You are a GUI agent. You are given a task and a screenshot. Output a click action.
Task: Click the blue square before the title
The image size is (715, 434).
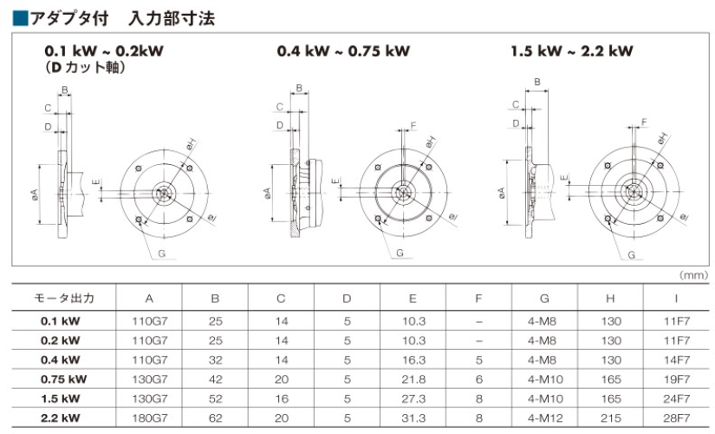click(x=20, y=18)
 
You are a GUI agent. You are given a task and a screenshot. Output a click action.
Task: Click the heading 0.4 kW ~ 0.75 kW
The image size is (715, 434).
click(x=343, y=50)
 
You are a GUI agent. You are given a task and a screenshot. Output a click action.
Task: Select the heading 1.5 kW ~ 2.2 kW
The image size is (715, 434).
click(x=572, y=50)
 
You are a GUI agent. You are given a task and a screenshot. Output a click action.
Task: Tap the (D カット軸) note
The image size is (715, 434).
click(x=85, y=68)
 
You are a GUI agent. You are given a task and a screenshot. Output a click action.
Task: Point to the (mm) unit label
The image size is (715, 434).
click(x=694, y=275)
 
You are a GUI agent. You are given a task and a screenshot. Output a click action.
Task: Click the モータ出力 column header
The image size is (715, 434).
click(x=64, y=299)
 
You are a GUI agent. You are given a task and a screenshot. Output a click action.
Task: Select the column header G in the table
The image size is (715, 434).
click(x=544, y=299)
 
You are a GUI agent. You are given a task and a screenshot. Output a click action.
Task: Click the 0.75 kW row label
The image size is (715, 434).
click(x=63, y=379)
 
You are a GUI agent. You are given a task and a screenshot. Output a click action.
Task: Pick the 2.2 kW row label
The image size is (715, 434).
click(x=60, y=418)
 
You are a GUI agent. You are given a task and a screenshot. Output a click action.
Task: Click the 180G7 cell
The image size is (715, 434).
click(x=150, y=418)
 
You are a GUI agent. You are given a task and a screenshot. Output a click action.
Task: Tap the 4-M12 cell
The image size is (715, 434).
click(x=545, y=418)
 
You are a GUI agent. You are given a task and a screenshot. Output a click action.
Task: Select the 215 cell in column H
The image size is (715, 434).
click(x=611, y=418)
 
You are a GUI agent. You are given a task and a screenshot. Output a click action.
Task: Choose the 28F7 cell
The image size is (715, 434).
click(x=677, y=418)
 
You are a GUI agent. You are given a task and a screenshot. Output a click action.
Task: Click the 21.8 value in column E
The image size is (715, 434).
click(x=413, y=379)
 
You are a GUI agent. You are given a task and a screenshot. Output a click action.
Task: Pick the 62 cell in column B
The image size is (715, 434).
click(x=215, y=418)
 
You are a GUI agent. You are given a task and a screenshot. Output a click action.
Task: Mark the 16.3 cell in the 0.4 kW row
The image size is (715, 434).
click(x=413, y=360)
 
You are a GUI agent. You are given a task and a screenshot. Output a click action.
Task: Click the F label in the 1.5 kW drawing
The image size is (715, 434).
click(x=644, y=122)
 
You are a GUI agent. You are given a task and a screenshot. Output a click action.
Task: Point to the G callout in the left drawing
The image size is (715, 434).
click(x=161, y=253)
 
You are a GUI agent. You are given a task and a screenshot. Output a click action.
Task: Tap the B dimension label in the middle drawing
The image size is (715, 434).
click(x=299, y=89)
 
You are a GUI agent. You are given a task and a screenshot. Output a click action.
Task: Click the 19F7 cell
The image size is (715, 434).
click(x=677, y=379)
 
